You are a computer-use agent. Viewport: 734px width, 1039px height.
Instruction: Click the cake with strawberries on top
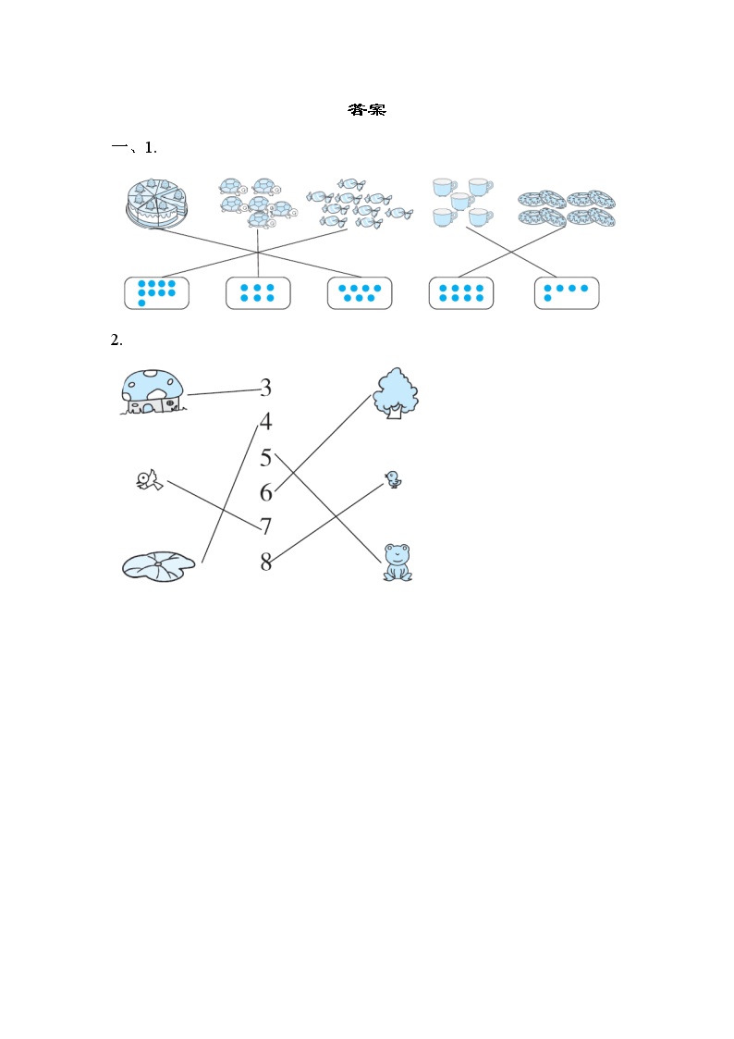point(156,203)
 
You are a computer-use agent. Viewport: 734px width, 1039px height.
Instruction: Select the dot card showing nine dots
point(157,293)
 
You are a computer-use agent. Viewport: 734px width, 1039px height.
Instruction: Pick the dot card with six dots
point(258,293)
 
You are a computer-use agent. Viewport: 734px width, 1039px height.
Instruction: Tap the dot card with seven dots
point(360,293)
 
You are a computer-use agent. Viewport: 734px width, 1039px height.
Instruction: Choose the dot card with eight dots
point(461,293)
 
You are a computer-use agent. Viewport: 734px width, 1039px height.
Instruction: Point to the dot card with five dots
point(567,293)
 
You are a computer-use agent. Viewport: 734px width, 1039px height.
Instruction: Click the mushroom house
point(153,392)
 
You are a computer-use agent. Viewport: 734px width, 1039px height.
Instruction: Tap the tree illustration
point(396,393)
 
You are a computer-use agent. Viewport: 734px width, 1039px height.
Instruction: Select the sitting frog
point(398,563)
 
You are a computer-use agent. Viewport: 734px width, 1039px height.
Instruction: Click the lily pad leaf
point(159,566)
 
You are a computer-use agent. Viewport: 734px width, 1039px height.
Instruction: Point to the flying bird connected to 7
point(150,480)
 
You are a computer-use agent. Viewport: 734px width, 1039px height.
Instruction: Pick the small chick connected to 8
point(393,479)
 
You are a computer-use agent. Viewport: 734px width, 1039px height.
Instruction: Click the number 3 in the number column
point(266,387)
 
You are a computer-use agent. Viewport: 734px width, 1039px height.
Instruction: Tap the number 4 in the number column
point(266,421)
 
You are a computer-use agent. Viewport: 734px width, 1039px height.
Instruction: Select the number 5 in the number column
point(266,457)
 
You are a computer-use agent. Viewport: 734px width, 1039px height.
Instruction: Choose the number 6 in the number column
point(266,492)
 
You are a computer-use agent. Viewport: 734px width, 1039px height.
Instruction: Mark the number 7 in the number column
point(266,526)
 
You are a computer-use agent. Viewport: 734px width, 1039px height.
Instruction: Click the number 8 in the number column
point(266,562)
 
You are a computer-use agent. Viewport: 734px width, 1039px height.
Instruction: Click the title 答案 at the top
point(367,110)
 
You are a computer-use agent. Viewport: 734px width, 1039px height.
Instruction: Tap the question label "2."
point(116,340)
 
